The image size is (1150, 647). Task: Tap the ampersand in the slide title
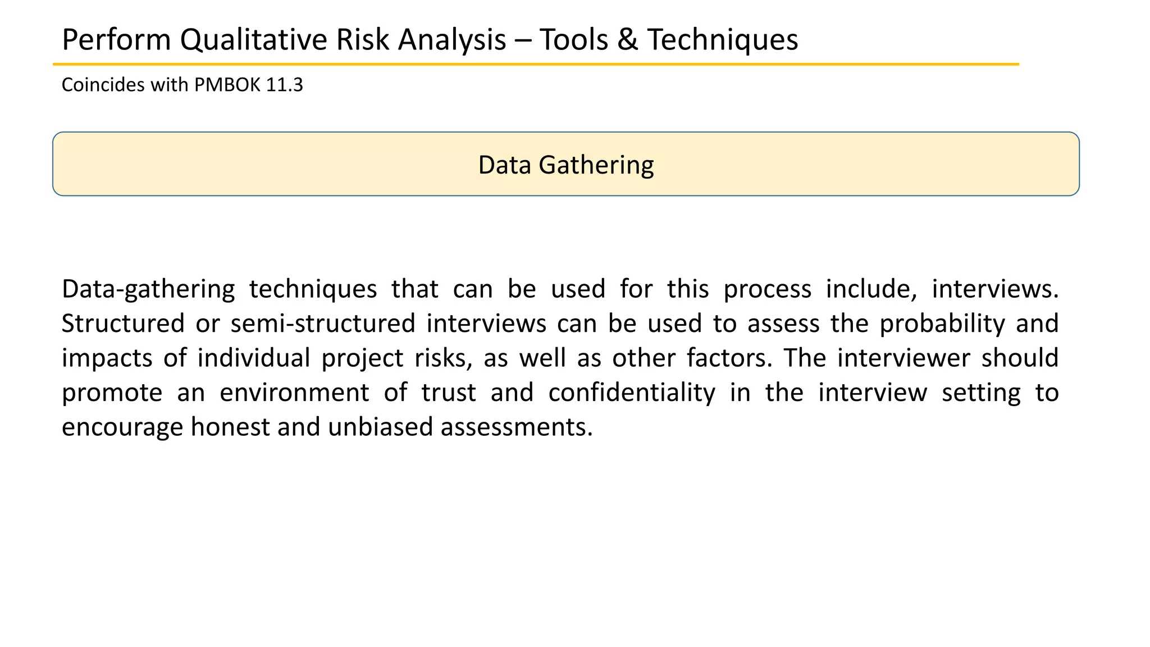627,40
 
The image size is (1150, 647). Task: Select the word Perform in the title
116,40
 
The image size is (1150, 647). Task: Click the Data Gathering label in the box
565,165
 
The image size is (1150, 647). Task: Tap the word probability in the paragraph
942,324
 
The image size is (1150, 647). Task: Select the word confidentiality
632,393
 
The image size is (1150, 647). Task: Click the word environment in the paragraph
294,393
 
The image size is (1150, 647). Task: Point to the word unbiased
380,427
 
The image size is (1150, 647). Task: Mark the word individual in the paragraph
253,358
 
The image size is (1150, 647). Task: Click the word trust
449,393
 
